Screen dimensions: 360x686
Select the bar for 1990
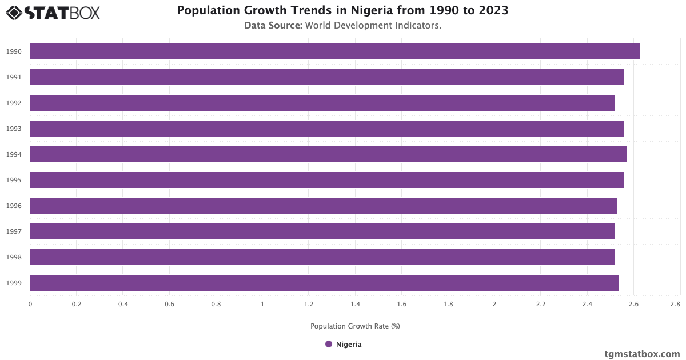pyautogui.click(x=334, y=51)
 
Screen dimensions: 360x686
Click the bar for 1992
pyautogui.click(x=322, y=103)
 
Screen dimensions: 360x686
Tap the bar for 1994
pyautogui.click(x=328, y=154)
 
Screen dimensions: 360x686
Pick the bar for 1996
pyautogui.click(x=323, y=206)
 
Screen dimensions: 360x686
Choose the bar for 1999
pyautogui.click(x=324, y=283)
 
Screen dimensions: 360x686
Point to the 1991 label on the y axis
pyautogui.click(x=14, y=77)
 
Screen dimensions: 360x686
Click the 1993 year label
pyautogui.click(x=14, y=129)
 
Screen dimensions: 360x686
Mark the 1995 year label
pyautogui.click(x=14, y=180)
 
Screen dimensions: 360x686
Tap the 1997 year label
pyautogui.click(x=14, y=231)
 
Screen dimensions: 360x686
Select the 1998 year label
pyautogui.click(x=14, y=257)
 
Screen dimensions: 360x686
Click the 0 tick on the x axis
pyautogui.click(x=30, y=305)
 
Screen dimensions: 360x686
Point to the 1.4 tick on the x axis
pyautogui.click(x=355, y=305)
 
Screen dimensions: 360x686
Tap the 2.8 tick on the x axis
pyautogui.click(x=675, y=305)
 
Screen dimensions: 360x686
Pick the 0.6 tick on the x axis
pyautogui.click(x=169, y=305)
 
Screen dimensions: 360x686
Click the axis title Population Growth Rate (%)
pyautogui.click(x=355, y=326)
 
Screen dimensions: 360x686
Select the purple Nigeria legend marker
pyautogui.click(x=329, y=344)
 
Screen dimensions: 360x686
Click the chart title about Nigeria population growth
pyautogui.click(x=342, y=10)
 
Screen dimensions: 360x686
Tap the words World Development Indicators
pyautogui.click(x=373, y=26)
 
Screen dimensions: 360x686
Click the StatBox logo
pyautogui.click(x=53, y=12)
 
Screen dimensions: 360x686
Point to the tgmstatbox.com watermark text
pyautogui.click(x=642, y=354)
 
